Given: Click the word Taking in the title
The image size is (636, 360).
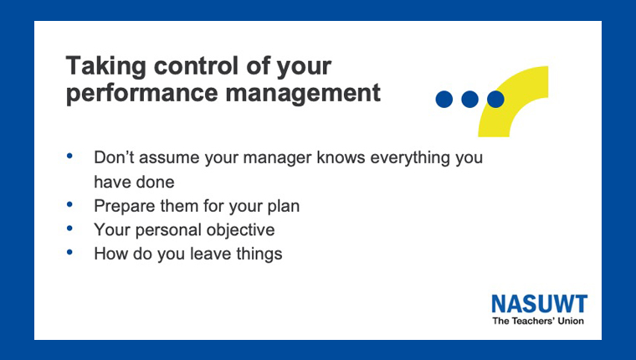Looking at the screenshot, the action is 106,67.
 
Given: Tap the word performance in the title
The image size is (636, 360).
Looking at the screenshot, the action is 142,94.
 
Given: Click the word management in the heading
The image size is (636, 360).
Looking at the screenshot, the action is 303,94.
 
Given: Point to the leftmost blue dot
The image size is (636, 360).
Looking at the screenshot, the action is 444,99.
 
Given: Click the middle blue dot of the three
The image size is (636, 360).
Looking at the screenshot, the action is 469,99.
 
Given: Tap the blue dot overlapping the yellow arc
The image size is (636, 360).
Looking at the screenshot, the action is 495,99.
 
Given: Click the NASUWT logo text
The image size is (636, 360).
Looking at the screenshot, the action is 539,304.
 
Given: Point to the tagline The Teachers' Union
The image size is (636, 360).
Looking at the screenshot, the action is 538,321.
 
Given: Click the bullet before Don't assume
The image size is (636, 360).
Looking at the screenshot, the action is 69,156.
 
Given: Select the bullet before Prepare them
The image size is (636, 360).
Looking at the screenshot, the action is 69,204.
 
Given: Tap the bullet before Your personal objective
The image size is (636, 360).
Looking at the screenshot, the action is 69,228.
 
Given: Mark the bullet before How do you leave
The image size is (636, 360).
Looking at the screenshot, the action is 69,252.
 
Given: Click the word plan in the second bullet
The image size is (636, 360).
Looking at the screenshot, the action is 284,207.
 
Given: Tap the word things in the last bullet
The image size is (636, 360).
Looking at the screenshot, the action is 259,255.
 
